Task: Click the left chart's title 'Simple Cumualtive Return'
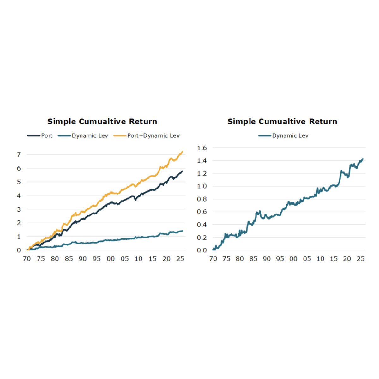[x=102, y=122]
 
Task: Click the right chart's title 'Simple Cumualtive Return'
[x=282, y=122]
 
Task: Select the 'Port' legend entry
[x=46, y=136]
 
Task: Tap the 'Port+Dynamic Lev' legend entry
[x=153, y=136]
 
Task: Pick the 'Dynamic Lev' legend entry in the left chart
[x=90, y=136]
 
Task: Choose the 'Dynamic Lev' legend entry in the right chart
[x=290, y=136]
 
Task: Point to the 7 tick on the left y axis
[x=19, y=155]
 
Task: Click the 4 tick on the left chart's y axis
[x=19, y=196]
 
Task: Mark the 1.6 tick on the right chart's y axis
[x=202, y=148]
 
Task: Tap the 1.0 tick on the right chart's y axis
[x=202, y=186]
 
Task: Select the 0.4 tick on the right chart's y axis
[x=202, y=225]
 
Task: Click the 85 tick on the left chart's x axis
[x=69, y=259]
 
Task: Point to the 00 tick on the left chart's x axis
[x=111, y=259]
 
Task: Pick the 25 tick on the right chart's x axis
[x=361, y=259]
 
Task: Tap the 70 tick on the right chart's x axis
[x=213, y=259]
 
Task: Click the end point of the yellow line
[x=183, y=152]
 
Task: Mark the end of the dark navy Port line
[x=183, y=171]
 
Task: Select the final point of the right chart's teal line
[x=363, y=159]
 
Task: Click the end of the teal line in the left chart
[x=183, y=231]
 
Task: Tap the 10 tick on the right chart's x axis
[x=321, y=259]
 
